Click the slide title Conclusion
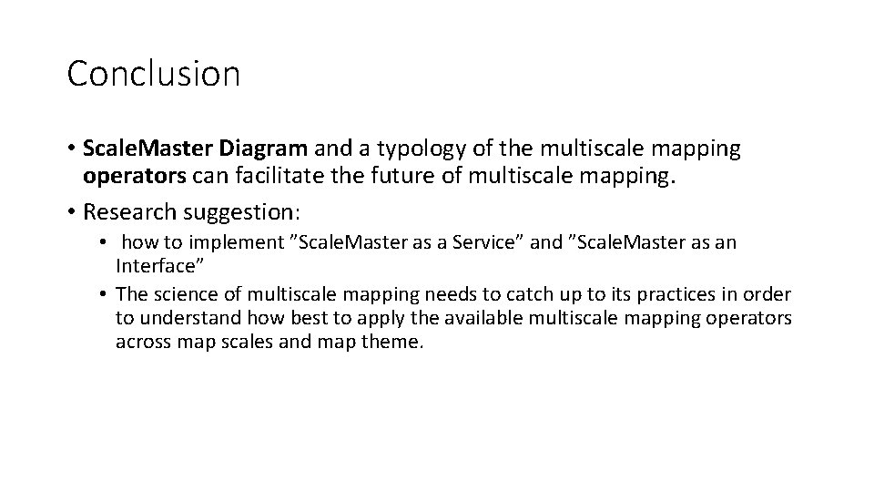coord(153,74)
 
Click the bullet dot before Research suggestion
coord(71,212)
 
